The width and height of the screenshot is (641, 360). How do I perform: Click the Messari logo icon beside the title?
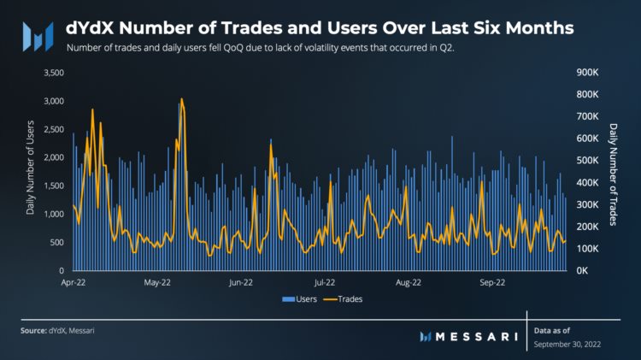38,35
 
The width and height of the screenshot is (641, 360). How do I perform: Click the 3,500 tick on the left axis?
52,73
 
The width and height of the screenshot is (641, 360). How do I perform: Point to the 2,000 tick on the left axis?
52,157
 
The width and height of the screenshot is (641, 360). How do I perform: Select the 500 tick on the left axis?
55,242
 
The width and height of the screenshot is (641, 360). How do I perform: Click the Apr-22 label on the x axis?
74,281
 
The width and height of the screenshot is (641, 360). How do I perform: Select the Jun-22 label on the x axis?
241,281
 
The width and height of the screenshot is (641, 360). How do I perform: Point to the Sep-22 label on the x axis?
492,281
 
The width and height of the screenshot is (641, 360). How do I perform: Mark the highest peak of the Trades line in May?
181,99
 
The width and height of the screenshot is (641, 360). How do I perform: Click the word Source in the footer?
35,329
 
